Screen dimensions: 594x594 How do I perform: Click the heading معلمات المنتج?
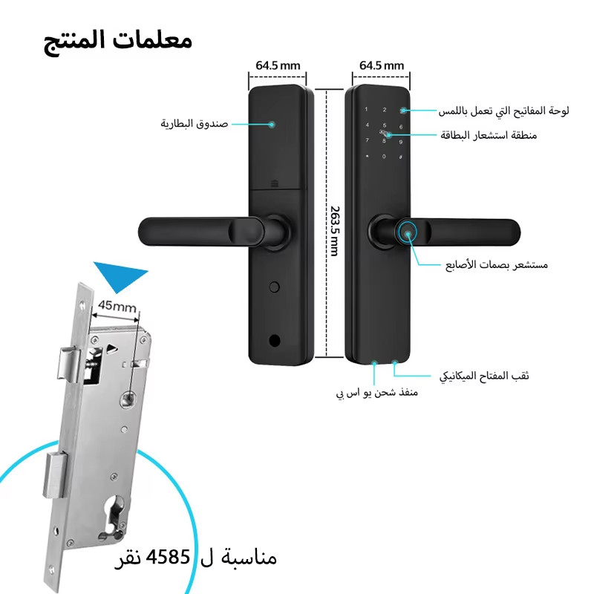(118, 42)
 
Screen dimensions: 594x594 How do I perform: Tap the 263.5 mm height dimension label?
(335, 231)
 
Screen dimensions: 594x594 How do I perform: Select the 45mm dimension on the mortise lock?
(117, 306)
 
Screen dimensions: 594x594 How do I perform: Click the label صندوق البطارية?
(195, 123)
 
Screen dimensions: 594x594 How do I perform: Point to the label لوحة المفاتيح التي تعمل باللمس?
(504, 111)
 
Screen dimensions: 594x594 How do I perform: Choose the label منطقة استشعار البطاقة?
(489, 135)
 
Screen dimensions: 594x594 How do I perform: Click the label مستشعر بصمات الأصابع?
(497, 264)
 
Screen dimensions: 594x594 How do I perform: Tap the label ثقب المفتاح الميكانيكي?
(484, 376)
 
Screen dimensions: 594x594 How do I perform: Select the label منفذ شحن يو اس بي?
(377, 393)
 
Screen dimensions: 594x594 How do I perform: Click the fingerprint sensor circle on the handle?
(408, 233)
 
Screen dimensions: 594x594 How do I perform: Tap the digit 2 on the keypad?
(384, 109)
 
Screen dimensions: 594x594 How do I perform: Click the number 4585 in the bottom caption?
(168, 557)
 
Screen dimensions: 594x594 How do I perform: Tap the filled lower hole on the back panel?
(274, 341)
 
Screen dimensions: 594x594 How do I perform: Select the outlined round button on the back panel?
(274, 287)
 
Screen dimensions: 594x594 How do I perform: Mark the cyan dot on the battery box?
(272, 124)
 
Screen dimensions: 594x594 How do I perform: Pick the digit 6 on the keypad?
(401, 127)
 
